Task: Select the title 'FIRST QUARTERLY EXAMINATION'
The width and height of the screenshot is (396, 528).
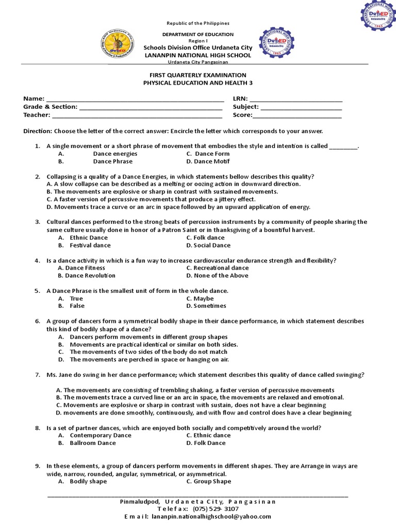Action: point(198,75)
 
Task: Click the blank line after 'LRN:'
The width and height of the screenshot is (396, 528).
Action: point(296,99)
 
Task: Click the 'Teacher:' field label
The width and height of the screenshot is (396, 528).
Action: point(37,115)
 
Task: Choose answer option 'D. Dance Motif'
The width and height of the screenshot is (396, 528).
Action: point(208,161)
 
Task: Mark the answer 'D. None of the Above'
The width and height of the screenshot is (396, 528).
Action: point(217,275)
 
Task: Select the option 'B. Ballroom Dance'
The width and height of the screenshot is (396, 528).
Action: point(87,443)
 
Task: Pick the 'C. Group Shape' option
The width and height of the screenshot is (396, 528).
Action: point(209,481)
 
